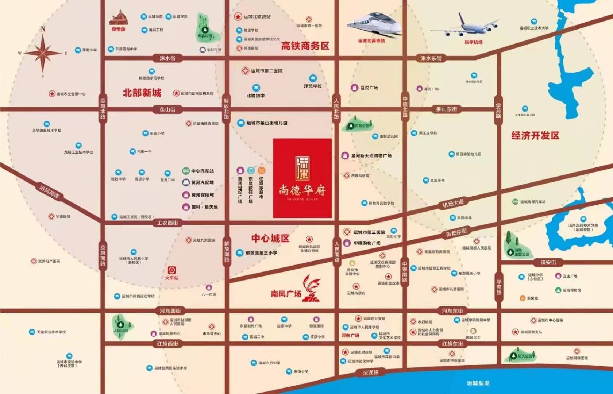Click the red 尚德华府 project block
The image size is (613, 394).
[x=302, y=178]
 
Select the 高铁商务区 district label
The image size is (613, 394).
[x=305, y=46]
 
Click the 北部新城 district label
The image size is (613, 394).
[x=142, y=93]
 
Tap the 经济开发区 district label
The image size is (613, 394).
[x=535, y=136]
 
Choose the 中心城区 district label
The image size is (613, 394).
[x=270, y=239]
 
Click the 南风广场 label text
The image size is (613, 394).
[x=286, y=294]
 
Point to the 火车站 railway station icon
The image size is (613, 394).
[x=171, y=270]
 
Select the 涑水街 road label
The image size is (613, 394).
[x=167, y=58]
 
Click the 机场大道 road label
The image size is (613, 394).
[x=453, y=204]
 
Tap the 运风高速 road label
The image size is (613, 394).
[x=49, y=192]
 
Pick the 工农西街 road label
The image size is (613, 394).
[x=167, y=223]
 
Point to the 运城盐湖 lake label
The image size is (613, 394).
[x=478, y=383]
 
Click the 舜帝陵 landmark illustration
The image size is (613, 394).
[x=118, y=18]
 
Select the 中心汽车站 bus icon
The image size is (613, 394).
[x=186, y=171]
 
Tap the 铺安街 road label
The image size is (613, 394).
[x=548, y=262]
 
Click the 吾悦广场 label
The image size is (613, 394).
[x=369, y=88]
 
